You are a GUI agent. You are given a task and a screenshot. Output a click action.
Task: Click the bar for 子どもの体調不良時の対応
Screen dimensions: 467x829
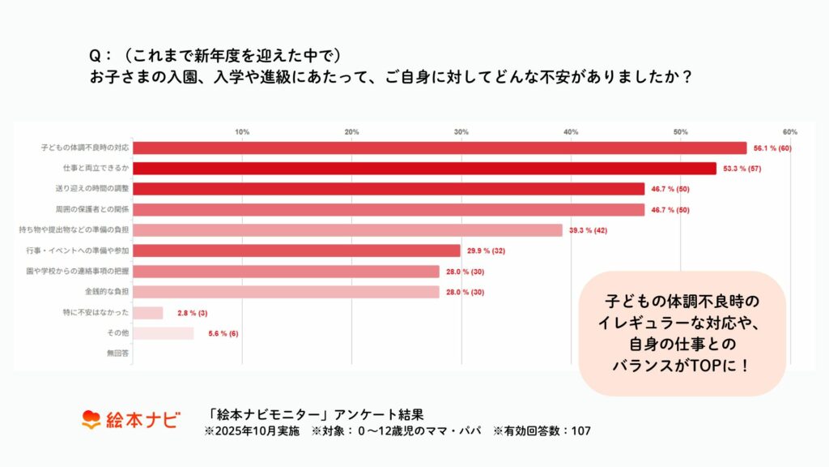440,148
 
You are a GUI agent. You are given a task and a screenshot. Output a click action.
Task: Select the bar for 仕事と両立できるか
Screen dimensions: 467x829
424,169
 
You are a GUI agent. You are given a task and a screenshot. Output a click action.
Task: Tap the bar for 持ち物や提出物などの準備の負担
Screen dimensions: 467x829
347,230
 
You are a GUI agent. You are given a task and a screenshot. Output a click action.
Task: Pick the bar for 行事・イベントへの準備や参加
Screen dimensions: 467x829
296,251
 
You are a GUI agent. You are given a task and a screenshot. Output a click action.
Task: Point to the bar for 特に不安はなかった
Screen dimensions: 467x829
148,313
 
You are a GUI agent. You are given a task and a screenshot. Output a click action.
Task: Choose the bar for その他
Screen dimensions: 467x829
164,333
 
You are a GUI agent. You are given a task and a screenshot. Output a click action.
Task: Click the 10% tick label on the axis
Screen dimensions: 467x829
242,131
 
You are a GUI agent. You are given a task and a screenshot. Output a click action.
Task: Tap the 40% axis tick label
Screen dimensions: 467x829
571,131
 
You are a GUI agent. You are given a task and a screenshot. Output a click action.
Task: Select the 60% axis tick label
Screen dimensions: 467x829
790,131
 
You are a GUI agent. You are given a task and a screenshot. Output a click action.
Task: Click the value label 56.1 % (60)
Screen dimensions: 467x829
772,148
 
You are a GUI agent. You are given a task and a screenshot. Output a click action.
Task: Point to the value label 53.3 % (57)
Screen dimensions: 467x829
742,169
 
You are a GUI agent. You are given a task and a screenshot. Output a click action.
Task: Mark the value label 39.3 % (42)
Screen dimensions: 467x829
588,230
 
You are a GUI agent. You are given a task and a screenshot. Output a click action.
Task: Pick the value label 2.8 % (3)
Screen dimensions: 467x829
191,313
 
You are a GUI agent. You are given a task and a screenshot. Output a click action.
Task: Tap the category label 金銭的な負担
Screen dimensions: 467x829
108,292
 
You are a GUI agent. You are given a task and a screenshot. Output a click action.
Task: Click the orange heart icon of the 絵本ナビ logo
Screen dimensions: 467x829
91,420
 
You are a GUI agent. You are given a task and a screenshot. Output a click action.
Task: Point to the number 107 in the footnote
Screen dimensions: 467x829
580,431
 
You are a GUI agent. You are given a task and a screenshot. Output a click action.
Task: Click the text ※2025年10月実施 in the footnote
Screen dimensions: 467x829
248,431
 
